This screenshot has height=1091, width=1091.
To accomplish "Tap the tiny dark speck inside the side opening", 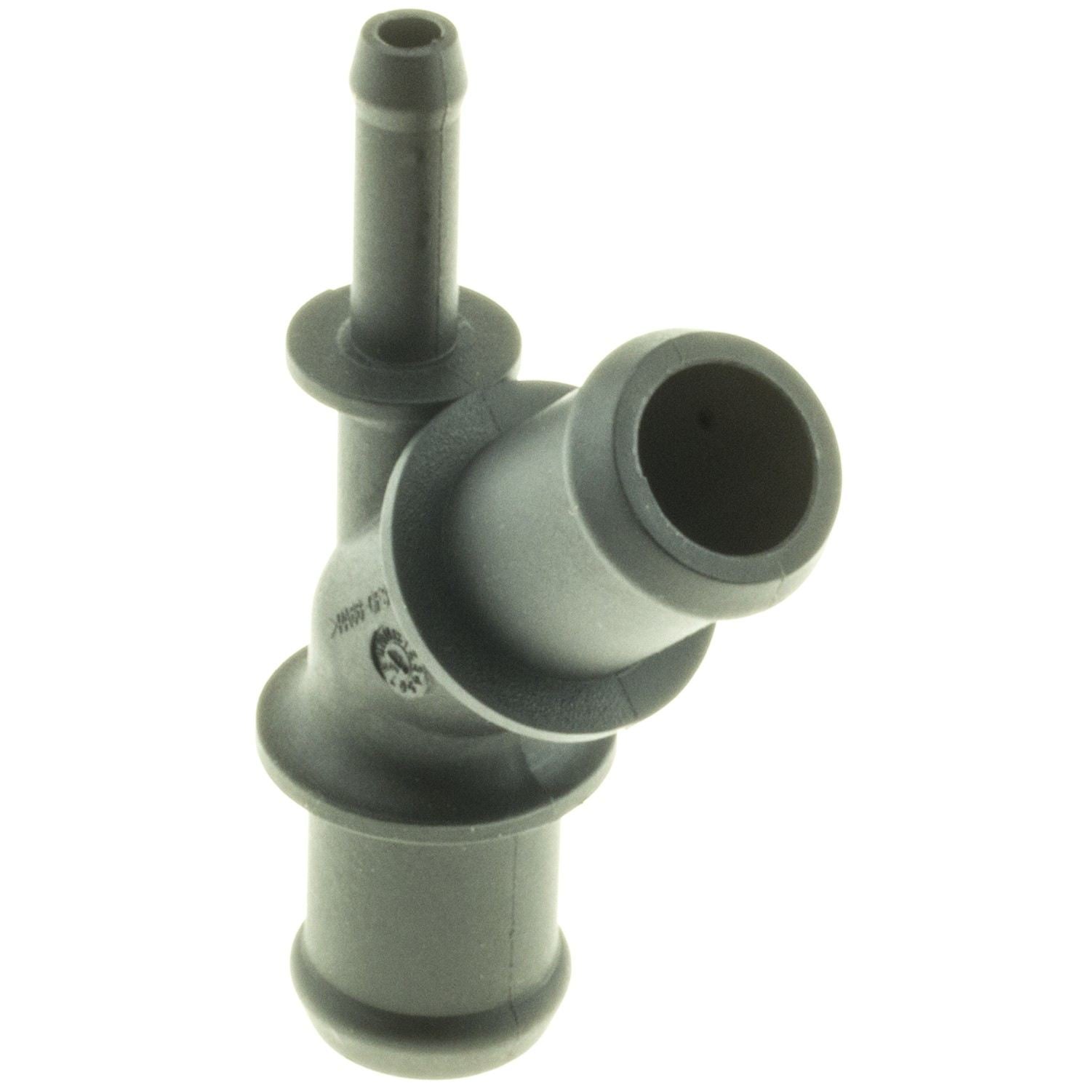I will [x=703, y=417].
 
